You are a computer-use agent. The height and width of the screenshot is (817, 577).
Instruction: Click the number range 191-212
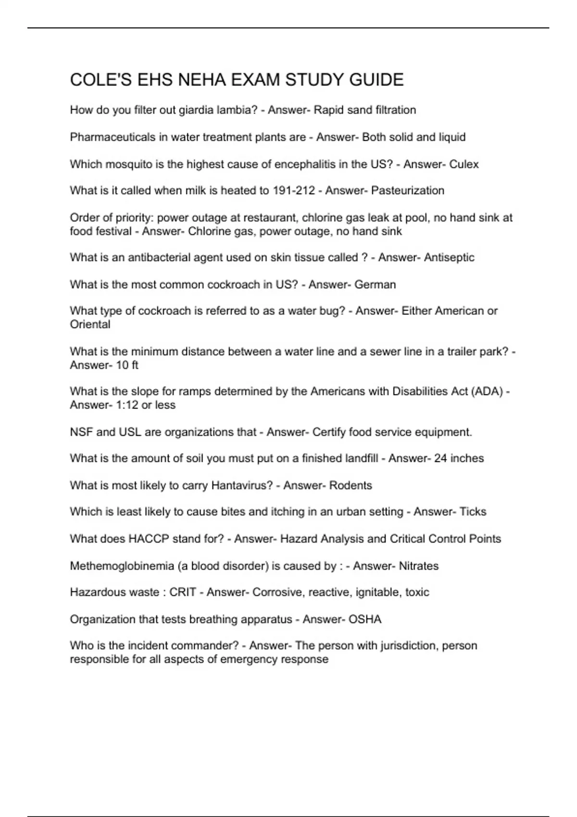294,191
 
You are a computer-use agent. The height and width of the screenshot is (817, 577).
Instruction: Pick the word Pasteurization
408,191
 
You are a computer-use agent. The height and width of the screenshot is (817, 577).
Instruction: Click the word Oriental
90,324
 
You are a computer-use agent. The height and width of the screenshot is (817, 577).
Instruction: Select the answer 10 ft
127,365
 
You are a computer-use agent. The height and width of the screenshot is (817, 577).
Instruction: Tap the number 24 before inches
440,458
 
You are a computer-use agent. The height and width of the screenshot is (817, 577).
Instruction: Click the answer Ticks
473,512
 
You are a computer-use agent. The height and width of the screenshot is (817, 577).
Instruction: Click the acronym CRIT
183,593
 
